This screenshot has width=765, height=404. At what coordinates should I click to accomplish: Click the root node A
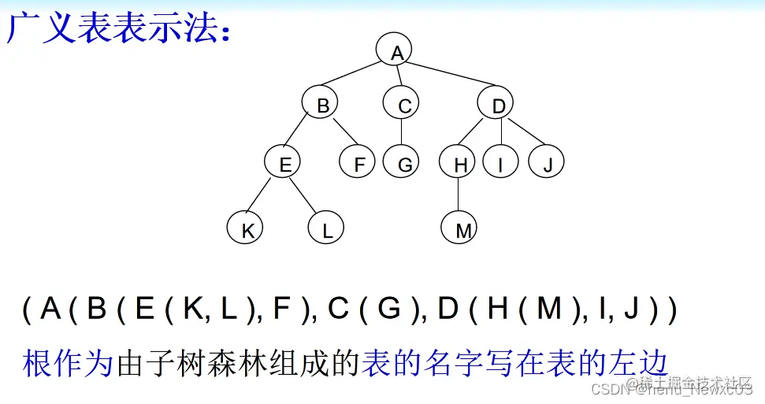click(396, 52)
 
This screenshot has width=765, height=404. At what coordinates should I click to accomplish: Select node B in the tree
click(321, 105)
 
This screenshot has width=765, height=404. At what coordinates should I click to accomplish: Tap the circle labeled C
click(403, 105)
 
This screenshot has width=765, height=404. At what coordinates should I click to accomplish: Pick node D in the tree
click(498, 105)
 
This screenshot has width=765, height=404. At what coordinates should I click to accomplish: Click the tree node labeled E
click(285, 164)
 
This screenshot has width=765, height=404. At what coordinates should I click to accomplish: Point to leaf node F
click(358, 164)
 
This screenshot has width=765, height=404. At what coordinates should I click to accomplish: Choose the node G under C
click(403, 164)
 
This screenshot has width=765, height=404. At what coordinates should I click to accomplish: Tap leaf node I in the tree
click(501, 164)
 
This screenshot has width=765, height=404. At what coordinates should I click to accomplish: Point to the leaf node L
click(326, 230)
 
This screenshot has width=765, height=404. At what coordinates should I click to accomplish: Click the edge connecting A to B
click(358, 78)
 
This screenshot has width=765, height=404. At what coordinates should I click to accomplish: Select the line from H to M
click(459, 197)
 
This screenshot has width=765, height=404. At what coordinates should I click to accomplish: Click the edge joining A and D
click(449, 79)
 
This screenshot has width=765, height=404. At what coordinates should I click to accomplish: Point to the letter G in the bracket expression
click(389, 309)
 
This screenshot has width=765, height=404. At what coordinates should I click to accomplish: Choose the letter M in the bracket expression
click(548, 309)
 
